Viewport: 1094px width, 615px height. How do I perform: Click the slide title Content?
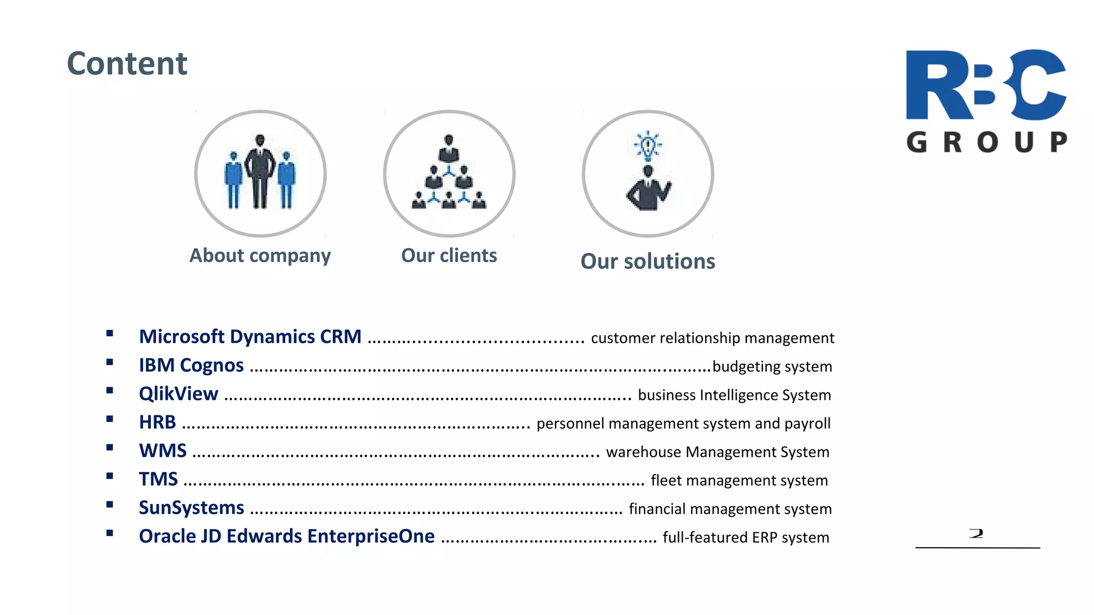pyautogui.click(x=127, y=64)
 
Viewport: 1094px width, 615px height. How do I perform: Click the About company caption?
pyautogui.click(x=260, y=256)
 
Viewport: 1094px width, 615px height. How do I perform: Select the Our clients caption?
pyautogui.click(x=449, y=256)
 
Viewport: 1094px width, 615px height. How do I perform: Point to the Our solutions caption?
pyautogui.click(x=647, y=262)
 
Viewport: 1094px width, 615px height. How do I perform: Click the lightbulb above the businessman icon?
pyautogui.click(x=648, y=145)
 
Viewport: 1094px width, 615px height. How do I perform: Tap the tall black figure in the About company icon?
pyautogui.click(x=260, y=171)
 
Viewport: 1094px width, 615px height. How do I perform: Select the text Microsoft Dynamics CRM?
pyautogui.click(x=250, y=337)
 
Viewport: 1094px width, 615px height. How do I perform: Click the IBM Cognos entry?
pyautogui.click(x=191, y=366)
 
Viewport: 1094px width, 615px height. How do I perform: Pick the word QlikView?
pyautogui.click(x=178, y=394)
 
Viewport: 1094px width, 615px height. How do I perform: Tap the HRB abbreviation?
pyautogui.click(x=157, y=422)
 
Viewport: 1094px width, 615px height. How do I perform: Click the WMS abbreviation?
pyautogui.click(x=163, y=451)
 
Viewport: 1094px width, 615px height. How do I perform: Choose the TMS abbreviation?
pyautogui.click(x=158, y=479)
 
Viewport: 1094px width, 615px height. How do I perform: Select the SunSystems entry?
pyautogui.click(x=191, y=508)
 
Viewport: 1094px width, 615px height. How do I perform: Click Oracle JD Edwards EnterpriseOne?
pyautogui.click(x=287, y=537)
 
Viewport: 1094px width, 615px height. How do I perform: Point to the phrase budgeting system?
pyautogui.click(x=772, y=367)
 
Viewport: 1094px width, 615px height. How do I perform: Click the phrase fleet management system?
pyautogui.click(x=739, y=480)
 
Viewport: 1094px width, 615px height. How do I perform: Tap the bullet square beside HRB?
pyautogui.click(x=110, y=419)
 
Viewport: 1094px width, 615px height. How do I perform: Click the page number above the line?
pyautogui.click(x=976, y=533)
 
